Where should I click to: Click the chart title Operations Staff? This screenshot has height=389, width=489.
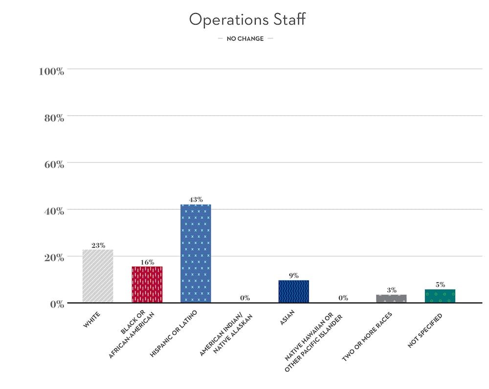coord(247,20)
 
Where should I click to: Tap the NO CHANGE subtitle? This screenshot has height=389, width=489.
coord(245,39)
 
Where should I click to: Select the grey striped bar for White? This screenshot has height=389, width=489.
coord(98,276)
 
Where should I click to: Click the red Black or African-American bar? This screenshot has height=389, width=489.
coord(147,284)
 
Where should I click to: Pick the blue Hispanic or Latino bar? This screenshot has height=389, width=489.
coord(196,253)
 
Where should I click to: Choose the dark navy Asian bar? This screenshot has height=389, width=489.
coord(293,291)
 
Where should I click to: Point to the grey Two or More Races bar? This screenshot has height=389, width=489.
coord(391,298)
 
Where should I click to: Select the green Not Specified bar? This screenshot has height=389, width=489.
coord(440,296)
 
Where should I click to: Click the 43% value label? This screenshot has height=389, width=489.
coord(196,200)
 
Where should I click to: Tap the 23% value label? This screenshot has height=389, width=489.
coord(98,245)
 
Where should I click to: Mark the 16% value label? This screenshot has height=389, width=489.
coord(147,262)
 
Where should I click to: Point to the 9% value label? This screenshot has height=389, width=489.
coord(293,275)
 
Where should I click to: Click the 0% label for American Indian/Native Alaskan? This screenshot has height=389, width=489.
coord(244,297)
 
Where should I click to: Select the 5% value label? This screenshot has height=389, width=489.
coord(440,285)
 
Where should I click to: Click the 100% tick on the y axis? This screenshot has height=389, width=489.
coord(51,71)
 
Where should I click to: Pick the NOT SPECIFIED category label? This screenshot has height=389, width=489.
coord(424,331)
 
